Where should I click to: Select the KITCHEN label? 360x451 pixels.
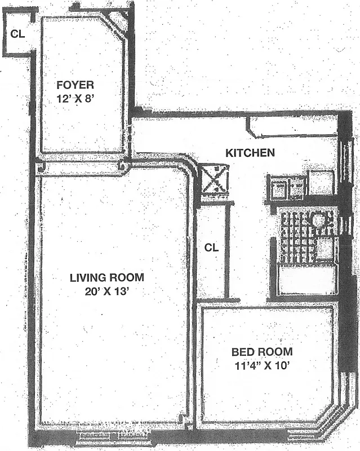point(250,153)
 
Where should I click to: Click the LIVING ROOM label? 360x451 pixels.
point(106,277)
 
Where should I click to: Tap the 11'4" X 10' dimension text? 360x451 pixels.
point(262,365)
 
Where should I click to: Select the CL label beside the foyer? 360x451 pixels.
point(17,34)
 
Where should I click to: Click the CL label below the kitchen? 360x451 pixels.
point(211,247)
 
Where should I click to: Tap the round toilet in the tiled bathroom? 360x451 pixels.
point(319,219)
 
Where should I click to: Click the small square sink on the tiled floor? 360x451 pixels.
point(325,248)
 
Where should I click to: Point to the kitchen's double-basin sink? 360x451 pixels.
point(287,187)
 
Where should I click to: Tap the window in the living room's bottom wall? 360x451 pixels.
point(113,435)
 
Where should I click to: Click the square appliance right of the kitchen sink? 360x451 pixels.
point(322,183)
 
